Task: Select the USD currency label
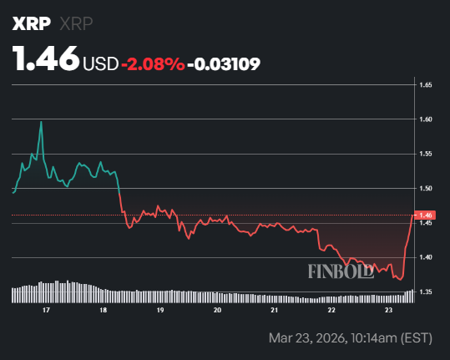100,63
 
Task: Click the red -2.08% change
153,63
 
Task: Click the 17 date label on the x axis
47,309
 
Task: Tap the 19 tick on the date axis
160,309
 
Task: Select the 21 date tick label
275,309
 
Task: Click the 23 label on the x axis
388,309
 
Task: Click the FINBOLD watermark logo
339,271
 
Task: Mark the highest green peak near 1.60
41,122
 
